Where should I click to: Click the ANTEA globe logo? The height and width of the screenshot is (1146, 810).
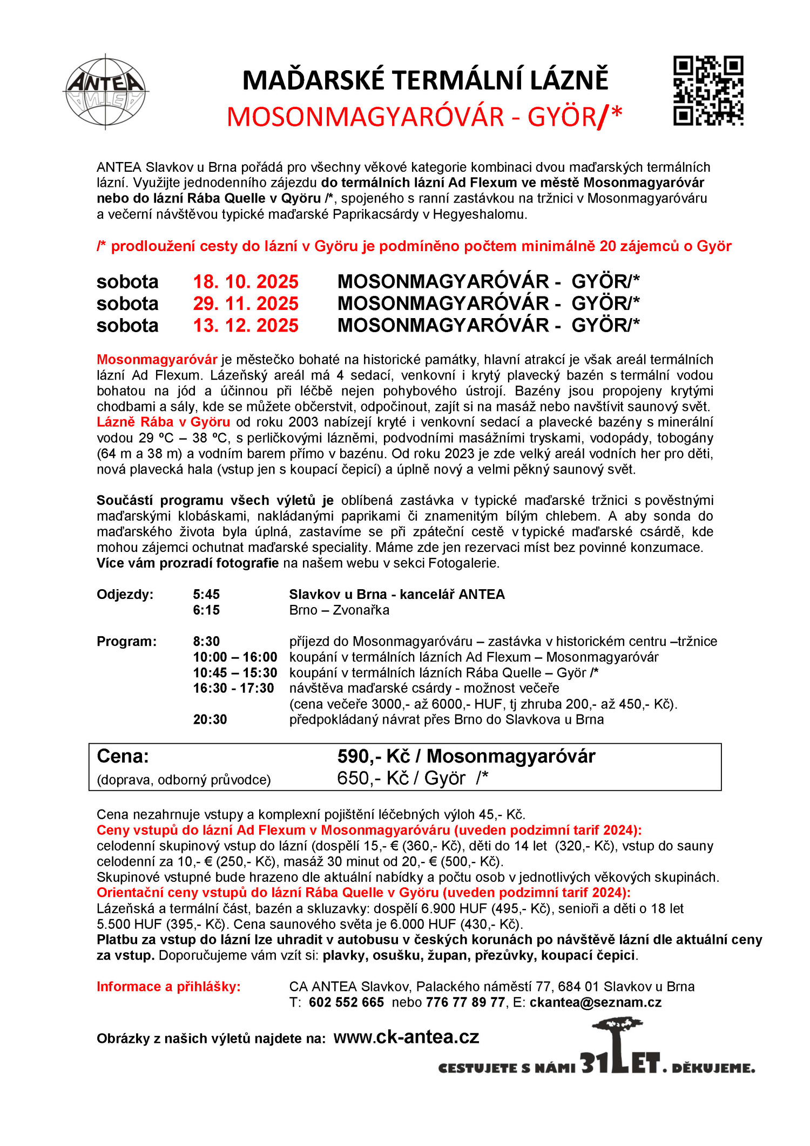coord(105,91)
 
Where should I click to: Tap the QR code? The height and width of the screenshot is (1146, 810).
coord(708,90)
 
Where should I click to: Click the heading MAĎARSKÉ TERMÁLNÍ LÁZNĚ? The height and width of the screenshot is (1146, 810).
coord(425,80)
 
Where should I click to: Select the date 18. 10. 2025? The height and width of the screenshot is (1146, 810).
coord(246,282)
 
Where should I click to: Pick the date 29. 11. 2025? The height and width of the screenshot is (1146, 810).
coord(246,304)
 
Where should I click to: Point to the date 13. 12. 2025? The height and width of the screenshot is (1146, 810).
coord(246,326)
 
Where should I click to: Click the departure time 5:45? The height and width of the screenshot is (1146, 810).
coord(206,595)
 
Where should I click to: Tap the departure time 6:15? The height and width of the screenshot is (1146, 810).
coord(206,610)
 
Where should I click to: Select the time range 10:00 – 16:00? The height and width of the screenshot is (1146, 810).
coord(235,657)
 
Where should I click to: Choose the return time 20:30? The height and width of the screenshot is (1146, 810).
coord(210,720)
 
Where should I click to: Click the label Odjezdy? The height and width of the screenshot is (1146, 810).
coord(125,595)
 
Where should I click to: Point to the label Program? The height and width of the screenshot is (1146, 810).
coord(126,642)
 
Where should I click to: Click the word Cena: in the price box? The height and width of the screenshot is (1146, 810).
coord(123,756)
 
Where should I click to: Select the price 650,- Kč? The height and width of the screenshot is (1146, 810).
coord(373,778)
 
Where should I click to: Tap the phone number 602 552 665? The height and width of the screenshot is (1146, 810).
coord(346,1002)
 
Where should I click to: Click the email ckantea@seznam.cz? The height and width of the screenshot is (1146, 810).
coord(595,1002)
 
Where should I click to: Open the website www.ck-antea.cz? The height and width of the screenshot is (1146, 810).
coord(406,1037)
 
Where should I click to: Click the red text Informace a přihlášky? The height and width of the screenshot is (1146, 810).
coord(168,987)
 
